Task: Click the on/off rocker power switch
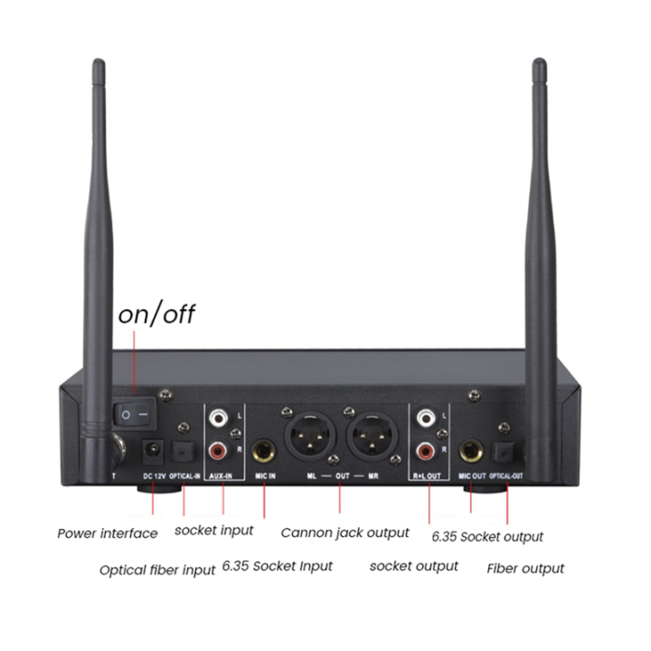(x=134, y=413)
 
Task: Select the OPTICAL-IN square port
(x=184, y=449)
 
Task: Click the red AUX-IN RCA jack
(x=218, y=448)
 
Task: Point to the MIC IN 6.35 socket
(x=265, y=449)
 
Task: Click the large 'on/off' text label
(x=157, y=315)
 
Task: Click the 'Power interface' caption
(x=107, y=533)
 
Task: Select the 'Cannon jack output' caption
(x=344, y=533)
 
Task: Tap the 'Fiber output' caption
(x=525, y=569)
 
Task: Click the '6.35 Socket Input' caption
(x=278, y=567)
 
